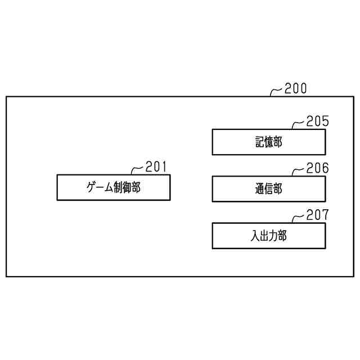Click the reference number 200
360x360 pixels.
click(296, 88)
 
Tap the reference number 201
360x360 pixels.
click(156, 166)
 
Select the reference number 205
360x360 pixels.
click(317, 121)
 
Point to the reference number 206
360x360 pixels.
click(317, 168)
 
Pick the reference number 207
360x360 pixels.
click(317, 215)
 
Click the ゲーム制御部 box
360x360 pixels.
click(113, 187)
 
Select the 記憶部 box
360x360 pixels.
click(268, 142)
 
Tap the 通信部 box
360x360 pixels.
click(268, 189)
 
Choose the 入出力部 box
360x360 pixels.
click(268, 236)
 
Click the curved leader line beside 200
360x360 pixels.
click(277, 91)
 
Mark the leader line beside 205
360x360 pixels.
click(298, 123)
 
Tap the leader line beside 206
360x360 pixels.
click(298, 170)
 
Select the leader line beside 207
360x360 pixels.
click(298, 217)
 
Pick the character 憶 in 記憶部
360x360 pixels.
click(268, 142)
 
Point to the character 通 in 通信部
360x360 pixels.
click(259, 189)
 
